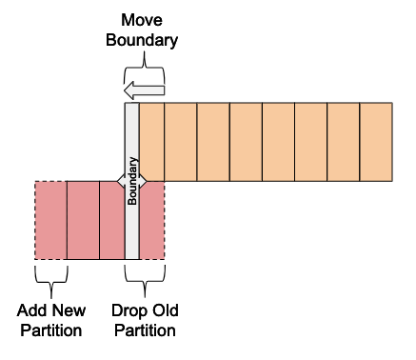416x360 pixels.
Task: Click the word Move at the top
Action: tap(142, 20)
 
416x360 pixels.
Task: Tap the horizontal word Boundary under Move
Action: tap(142, 40)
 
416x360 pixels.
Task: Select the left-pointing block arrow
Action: tap(144, 90)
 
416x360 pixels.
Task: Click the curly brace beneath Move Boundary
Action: tap(145, 67)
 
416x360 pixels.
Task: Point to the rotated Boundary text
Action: tap(132, 181)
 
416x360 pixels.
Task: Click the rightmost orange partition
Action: tap(376, 142)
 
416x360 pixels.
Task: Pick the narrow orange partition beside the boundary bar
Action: tap(151, 142)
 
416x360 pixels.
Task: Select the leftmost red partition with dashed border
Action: tap(50, 220)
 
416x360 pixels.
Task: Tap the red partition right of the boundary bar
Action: tap(151, 220)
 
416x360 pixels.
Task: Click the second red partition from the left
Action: tap(83, 220)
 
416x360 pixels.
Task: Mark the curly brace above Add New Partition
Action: tap(51, 279)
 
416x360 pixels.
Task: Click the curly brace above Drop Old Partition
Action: tap(145, 279)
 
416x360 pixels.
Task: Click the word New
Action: tap(69, 310)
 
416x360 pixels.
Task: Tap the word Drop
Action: tap(128, 310)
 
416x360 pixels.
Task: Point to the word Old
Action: tap(165, 310)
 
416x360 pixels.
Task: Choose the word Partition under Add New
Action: tap(51, 330)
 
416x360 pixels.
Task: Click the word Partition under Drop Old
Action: tap(145, 330)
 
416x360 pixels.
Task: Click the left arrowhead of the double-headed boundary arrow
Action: tap(121, 181)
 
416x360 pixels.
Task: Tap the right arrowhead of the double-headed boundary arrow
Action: tap(143, 181)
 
